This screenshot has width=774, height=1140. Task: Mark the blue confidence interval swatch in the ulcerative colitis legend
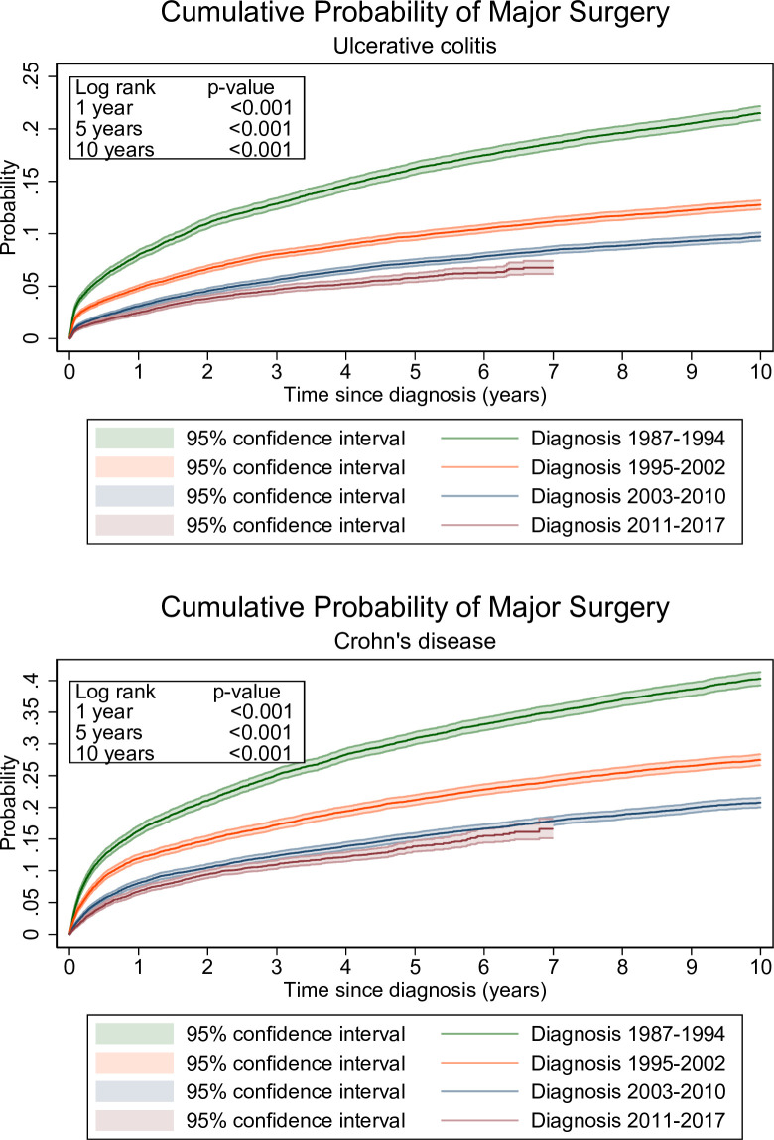134,496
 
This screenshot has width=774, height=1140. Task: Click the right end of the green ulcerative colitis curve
760,113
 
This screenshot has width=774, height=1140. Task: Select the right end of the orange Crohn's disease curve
760,760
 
